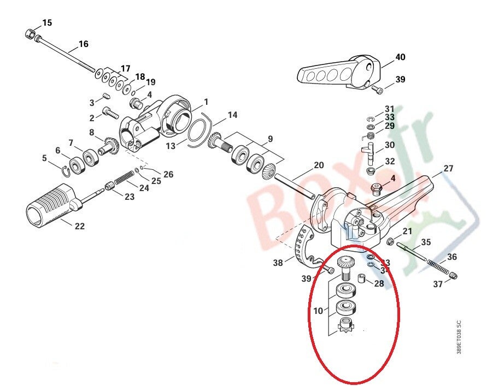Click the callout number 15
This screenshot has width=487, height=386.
[48, 22]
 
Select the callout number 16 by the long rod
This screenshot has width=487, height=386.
[84, 44]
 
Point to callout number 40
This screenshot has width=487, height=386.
[401, 57]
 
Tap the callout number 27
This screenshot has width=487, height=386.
[448, 169]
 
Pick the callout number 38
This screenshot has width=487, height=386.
[279, 263]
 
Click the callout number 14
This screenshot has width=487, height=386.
[233, 115]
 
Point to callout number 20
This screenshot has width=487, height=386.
[319, 165]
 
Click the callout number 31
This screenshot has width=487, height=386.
[389, 109]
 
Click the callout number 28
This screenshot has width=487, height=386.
[379, 283]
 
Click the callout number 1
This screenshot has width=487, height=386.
[206, 102]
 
